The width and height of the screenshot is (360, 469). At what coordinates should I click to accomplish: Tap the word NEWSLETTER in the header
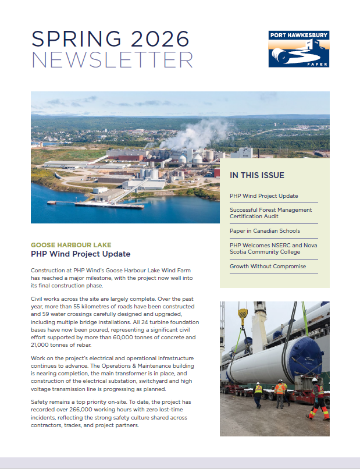pos(112,59)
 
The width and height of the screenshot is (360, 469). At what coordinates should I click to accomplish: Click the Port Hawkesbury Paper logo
pos(299,49)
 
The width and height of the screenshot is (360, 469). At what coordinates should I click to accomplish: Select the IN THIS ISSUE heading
pos(256,175)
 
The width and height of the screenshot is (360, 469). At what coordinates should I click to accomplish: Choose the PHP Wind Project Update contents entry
pos(263,196)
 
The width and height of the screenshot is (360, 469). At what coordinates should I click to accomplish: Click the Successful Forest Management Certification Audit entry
pos(270,213)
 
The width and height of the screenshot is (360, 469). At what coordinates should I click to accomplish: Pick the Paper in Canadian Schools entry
pos(265,231)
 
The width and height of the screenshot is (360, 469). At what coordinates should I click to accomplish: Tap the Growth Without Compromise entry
pos(268,267)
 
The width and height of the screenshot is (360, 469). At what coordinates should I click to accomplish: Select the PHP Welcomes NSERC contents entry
pos(273,248)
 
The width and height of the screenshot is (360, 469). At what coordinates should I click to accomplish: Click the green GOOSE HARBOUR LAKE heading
pos(71,245)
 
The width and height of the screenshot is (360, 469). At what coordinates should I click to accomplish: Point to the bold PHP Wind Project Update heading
pos(80,254)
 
